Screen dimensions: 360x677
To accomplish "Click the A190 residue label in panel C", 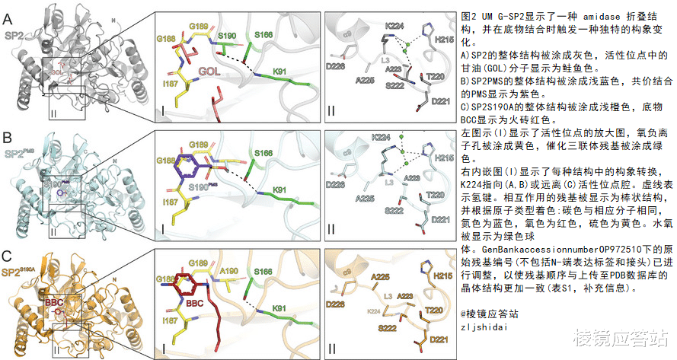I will pyautogui.click(x=228, y=273).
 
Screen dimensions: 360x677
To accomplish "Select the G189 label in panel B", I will pyautogui.click(x=199, y=145).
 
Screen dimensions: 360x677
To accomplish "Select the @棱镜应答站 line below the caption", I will pyautogui.click(x=493, y=313).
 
